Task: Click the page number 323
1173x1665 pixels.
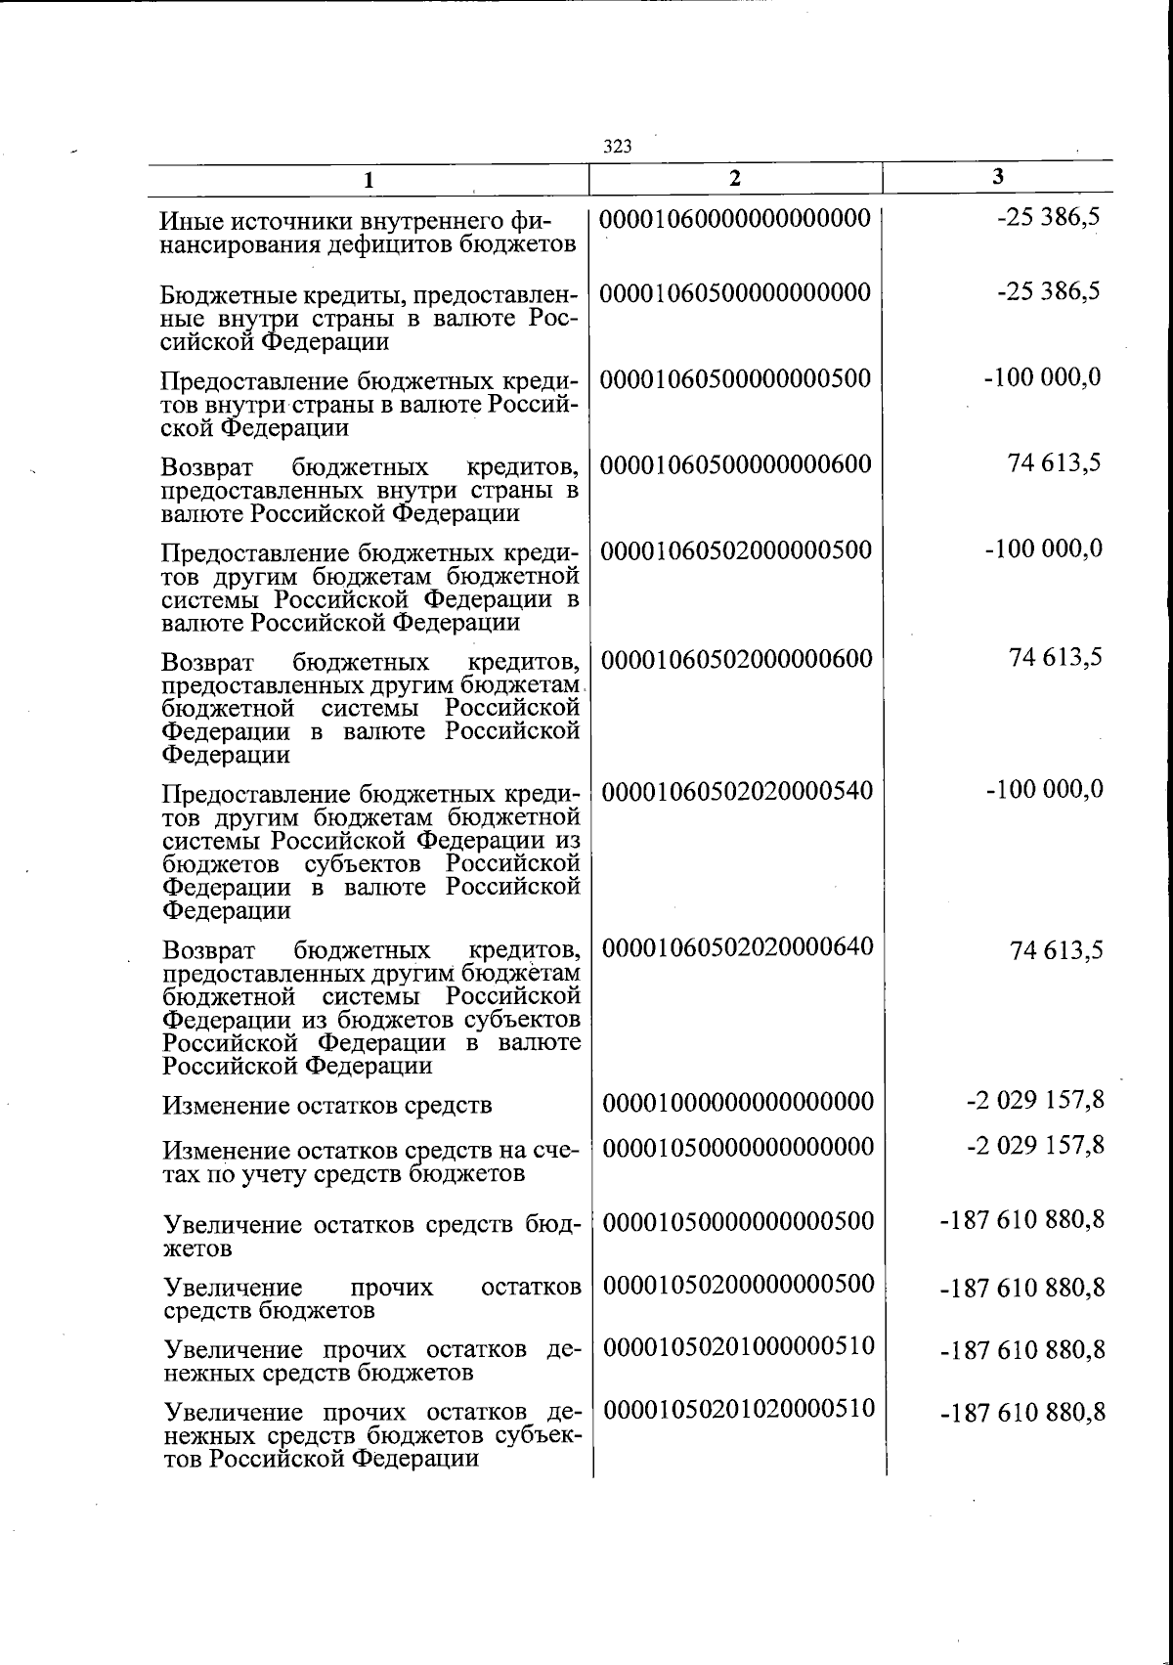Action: (x=618, y=148)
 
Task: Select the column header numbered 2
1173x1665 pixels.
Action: (x=735, y=178)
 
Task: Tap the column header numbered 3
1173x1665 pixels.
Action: (x=997, y=177)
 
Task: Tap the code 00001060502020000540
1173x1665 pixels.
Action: (x=738, y=790)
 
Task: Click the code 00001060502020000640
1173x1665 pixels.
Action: (x=738, y=946)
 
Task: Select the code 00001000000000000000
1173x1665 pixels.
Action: (x=738, y=1103)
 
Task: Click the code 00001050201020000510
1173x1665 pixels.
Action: (x=738, y=1409)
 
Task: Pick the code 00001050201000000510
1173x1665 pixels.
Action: (x=738, y=1346)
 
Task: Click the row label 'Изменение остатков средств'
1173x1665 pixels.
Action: (x=327, y=1106)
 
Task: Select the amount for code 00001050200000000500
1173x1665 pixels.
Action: (x=1022, y=1288)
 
